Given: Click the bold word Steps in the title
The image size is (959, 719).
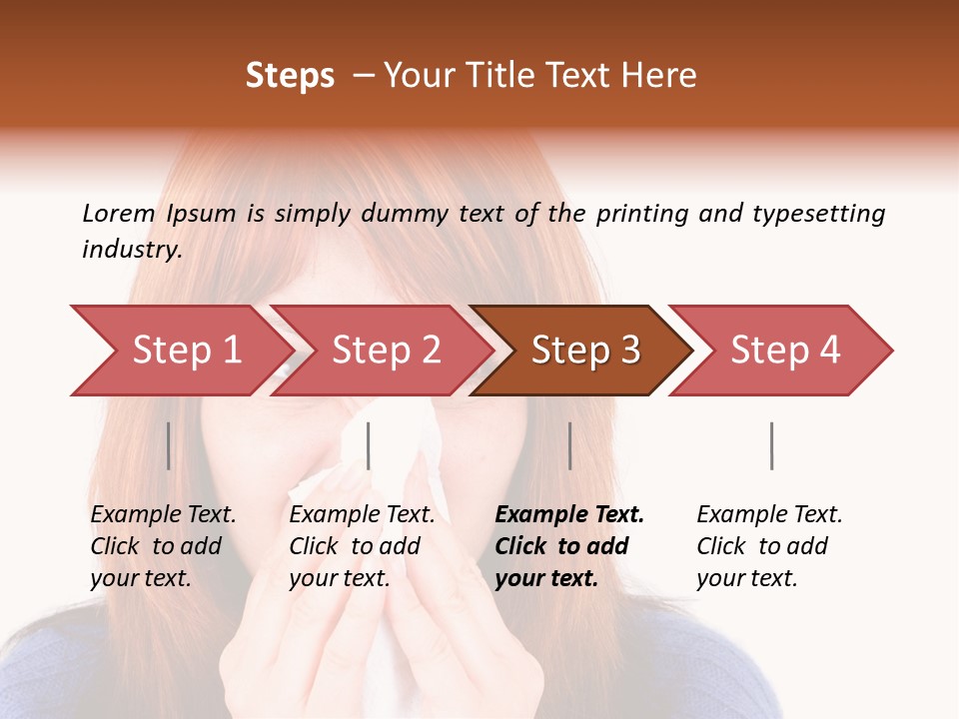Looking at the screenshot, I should (290, 76).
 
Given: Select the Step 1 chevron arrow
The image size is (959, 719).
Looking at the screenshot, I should (180, 351).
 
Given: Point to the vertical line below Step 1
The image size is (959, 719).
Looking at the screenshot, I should (169, 445).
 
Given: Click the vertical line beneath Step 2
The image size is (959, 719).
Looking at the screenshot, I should (369, 445).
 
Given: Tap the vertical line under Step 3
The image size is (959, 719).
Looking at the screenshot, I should (569, 445).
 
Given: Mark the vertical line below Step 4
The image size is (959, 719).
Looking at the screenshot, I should (771, 445).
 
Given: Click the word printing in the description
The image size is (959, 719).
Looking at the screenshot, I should (639, 214).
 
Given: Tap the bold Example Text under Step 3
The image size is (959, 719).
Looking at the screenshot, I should (569, 515).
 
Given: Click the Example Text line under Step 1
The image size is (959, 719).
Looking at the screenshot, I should (163, 515).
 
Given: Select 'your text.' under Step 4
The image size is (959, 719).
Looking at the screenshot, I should (746, 578).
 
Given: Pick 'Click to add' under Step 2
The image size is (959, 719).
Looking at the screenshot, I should (355, 546).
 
